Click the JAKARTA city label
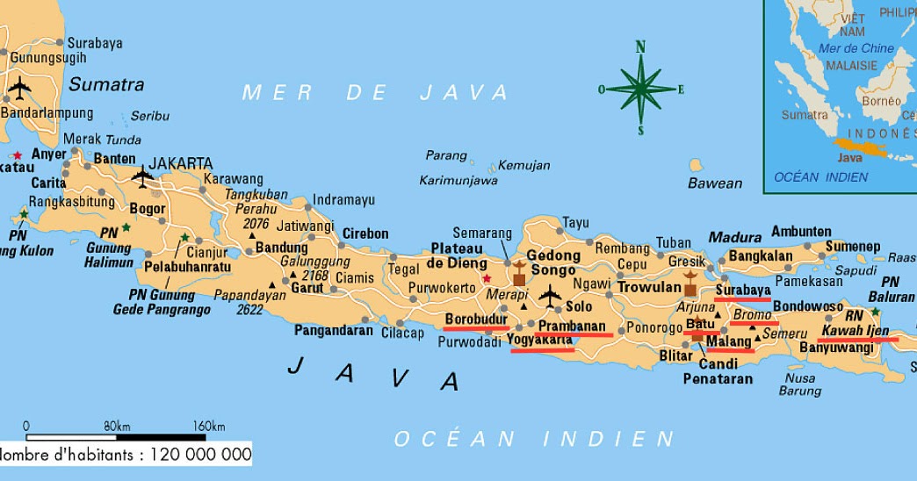[x=180, y=163]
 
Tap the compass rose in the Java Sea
[x=640, y=88]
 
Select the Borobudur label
[x=476, y=319]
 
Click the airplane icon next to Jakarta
[x=142, y=176]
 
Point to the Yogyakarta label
[x=540, y=341]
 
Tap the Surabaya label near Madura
[x=743, y=290]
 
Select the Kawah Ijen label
[x=856, y=331]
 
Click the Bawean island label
[x=714, y=183]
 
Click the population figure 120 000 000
[x=200, y=455]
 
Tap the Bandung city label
[x=281, y=248]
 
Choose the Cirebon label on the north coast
[x=365, y=233]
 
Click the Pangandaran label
[x=334, y=331]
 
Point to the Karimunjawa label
[x=458, y=181]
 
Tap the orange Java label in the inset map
[x=849, y=158]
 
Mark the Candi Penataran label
[x=718, y=370]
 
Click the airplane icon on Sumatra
[x=19, y=88]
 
